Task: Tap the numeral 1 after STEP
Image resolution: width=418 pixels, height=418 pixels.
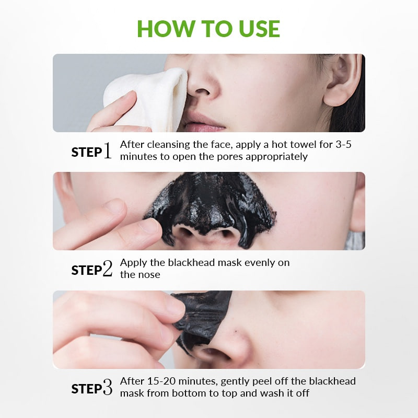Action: pos(108,152)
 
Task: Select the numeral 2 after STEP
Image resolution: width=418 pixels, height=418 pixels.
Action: pos(108,270)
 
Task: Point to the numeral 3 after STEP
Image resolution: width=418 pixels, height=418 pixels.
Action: pos(108,388)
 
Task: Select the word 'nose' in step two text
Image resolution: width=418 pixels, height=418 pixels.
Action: pos(148,275)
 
